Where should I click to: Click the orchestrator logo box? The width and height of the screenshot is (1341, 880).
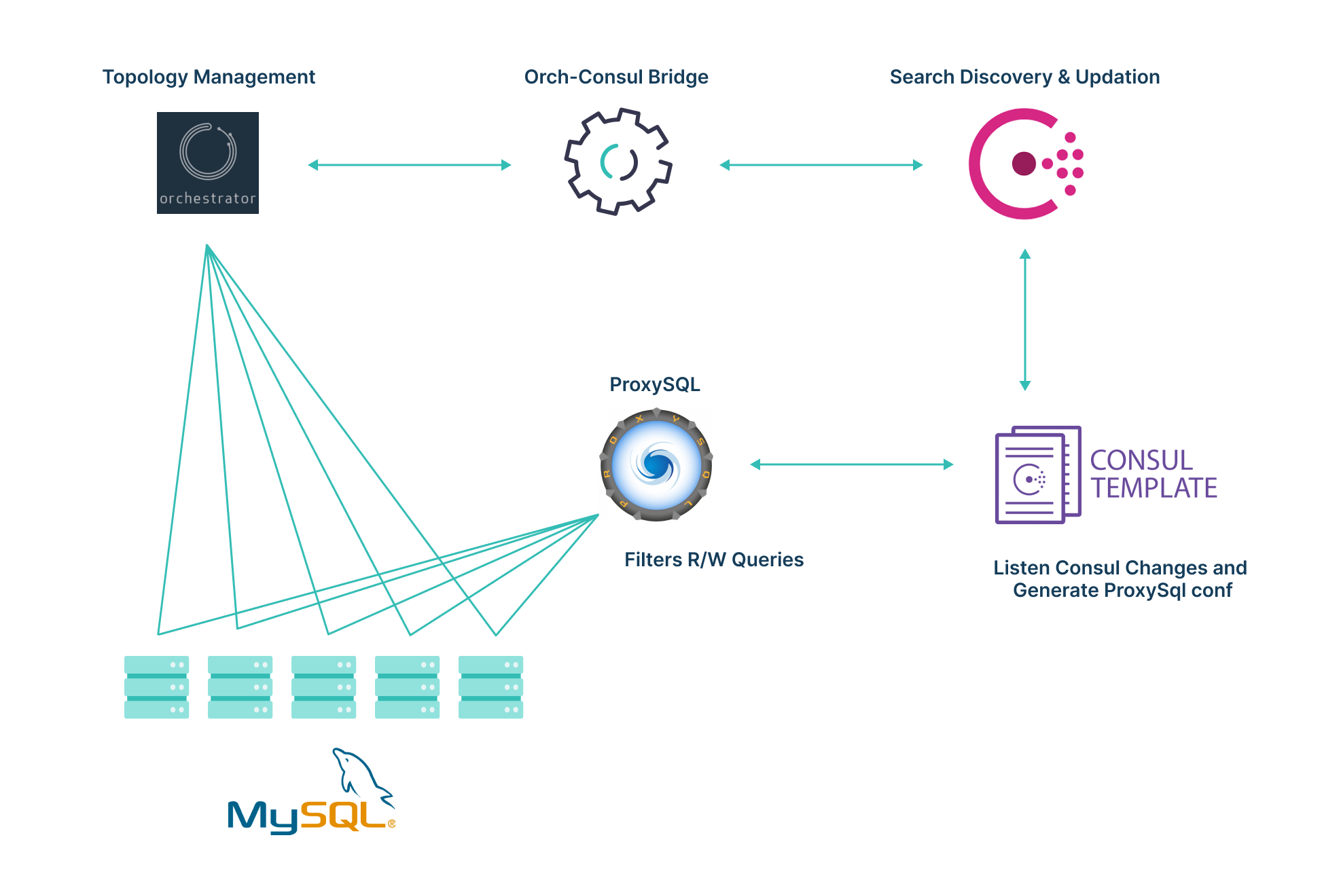point(207,163)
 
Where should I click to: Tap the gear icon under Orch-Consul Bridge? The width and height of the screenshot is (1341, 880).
point(618,162)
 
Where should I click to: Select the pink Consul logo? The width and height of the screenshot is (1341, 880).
point(1024,164)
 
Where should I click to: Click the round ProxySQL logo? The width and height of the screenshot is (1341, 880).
point(656,465)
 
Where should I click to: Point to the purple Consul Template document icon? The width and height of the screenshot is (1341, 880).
point(1037,475)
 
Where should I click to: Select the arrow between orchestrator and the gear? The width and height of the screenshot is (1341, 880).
point(409,165)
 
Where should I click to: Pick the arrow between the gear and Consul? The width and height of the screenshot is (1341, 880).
point(821,165)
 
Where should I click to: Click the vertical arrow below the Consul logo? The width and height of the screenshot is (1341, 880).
point(1025,319)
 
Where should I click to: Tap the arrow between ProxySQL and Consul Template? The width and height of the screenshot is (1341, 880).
point(851,464)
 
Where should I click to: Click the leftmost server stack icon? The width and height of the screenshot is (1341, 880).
point(156,687)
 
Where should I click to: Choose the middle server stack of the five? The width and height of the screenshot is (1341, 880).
point(323,687)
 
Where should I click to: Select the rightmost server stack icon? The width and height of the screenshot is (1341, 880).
point(490,687)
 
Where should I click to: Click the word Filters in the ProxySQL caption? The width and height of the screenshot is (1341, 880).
point(653,560)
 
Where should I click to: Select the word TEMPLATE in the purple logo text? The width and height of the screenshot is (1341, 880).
point(1154,488)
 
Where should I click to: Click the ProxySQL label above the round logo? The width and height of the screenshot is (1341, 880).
point(654,384)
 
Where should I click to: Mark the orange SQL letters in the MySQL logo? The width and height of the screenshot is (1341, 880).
point(342,815)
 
